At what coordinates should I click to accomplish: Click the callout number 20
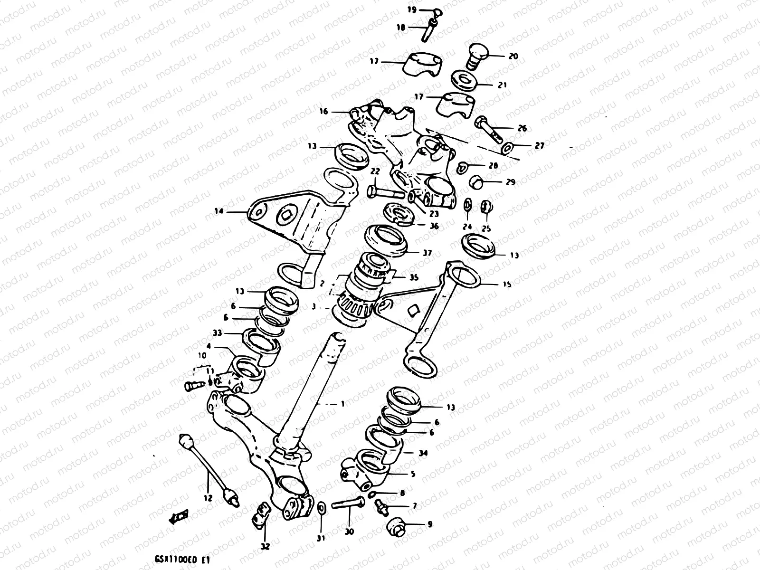click(513, 56)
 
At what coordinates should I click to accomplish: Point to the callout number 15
click(507, 285)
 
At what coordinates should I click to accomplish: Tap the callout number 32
click(265, 546)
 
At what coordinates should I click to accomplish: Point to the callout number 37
click(427, 253)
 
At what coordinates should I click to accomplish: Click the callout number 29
click(510, 182)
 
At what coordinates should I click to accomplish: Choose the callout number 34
click(423, 453)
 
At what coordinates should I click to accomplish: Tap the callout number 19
click(411, 9)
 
